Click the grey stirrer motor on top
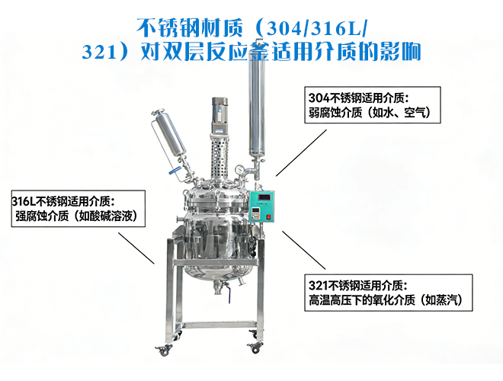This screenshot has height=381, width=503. [219, 115]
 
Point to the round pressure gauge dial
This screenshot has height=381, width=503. [239, 169]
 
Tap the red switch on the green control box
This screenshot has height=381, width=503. [268, 217]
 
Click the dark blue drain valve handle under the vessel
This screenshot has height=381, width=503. [229, 296]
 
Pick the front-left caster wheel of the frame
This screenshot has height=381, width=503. [163, 351]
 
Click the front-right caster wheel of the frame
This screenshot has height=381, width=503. [255, 347]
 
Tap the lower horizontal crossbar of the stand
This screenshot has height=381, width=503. [216, 325]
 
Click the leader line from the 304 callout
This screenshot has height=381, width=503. [301, 153]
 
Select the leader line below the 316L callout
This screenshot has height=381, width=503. [136, 248]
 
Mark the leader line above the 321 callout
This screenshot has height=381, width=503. [304, 250]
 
